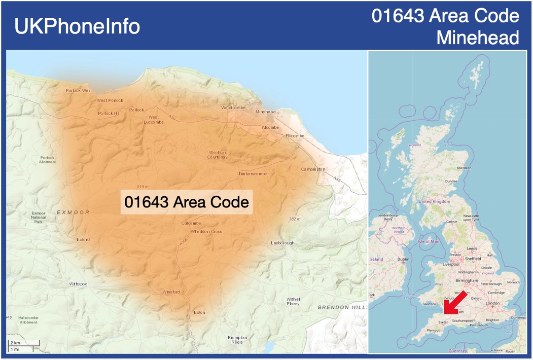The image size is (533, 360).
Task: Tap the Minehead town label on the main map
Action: pos(266,112)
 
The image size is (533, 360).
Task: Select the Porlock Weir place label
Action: pos(79,91)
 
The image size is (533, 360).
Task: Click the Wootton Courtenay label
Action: pos(217,155)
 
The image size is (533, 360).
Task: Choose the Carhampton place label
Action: pos(313,169)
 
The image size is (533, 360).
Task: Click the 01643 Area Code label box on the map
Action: pos(187,202)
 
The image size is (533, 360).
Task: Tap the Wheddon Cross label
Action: pos(206,232)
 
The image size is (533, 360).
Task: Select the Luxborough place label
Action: pos(282,243)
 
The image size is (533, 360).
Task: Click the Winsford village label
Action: pos(171,292)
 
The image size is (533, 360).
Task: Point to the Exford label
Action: pos(83,239)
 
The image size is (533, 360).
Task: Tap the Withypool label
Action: pos(79,284)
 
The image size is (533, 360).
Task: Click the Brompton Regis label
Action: pos(237,340)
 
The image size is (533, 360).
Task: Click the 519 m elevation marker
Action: pos(143,187)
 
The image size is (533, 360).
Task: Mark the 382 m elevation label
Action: pos(295,219)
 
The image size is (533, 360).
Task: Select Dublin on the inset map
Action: pos(404,259)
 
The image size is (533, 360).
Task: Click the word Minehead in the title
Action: pos(478,38)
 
